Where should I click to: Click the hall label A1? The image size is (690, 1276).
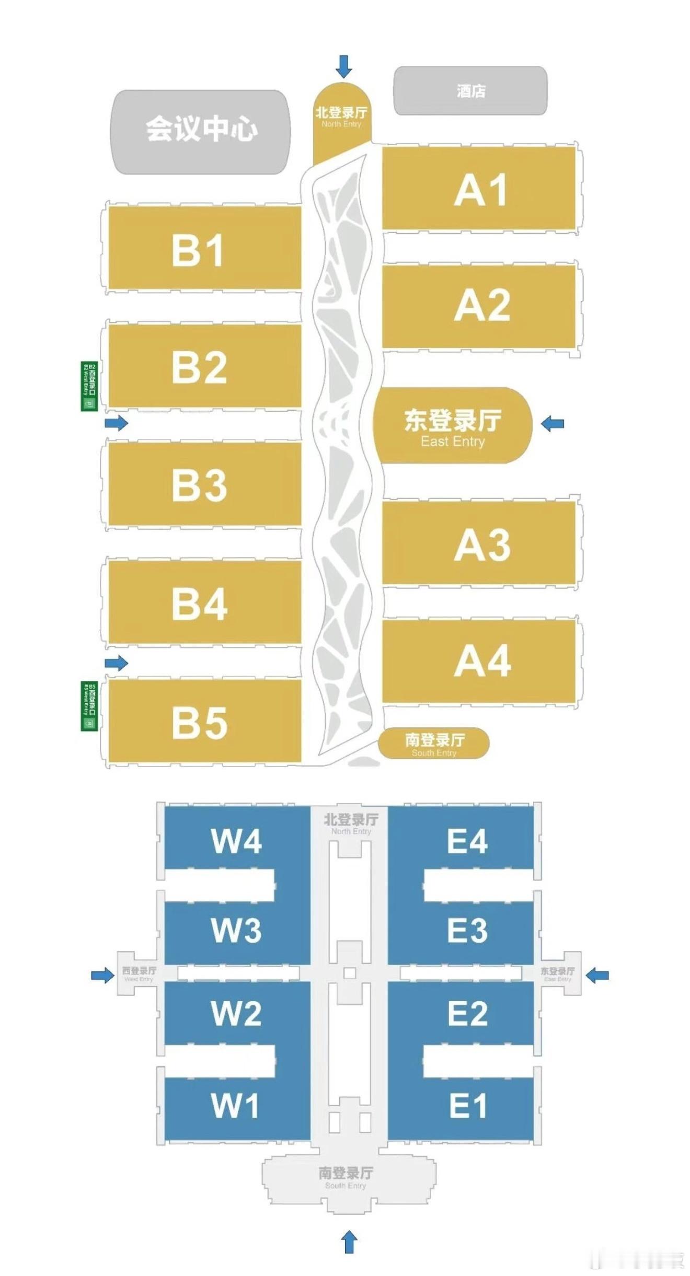[480, 190]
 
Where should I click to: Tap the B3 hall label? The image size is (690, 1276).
[199, 485]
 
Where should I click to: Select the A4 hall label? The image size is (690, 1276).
[482, 661]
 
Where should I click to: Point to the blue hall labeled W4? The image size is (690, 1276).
[236, 841]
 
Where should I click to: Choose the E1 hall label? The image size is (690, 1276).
[468, 1106]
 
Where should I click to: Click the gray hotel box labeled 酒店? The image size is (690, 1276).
[470, 91]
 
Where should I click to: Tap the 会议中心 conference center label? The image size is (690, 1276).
[201, 129]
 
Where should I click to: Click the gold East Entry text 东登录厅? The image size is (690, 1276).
[453, 421]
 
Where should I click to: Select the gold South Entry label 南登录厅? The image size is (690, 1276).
[434, 740]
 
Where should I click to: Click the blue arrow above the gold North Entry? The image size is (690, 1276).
[343, 66]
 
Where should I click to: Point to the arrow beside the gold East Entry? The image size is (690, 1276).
[553, 423]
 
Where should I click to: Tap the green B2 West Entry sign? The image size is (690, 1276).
[89, 386]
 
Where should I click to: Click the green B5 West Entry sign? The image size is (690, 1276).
[89, 706]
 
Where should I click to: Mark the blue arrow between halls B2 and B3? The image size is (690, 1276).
[116, 423]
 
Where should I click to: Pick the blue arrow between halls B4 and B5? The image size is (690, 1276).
[116, 663]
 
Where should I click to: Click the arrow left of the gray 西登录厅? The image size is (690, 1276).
[102, 975]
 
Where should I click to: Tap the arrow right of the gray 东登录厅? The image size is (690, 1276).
[597, 975]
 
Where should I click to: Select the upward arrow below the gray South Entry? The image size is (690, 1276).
[349, 1242]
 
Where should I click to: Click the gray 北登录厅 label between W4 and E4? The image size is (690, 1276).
[351, 819]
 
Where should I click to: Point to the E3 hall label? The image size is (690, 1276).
[467, 931]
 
